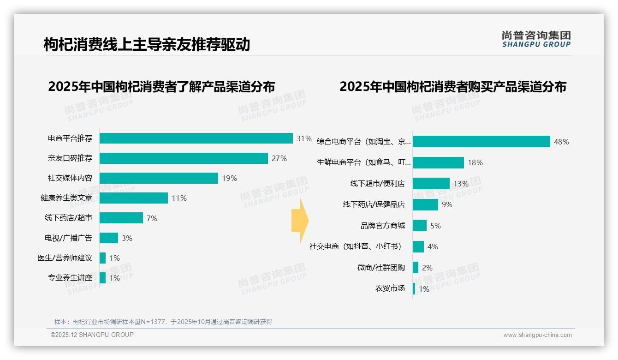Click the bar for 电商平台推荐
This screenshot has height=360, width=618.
point(196,138)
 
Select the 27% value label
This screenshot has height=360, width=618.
point(279,158)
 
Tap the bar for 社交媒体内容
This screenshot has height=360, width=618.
point(159,178)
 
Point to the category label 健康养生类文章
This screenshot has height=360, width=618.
point(66,198)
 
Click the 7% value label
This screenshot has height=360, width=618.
point(152,218)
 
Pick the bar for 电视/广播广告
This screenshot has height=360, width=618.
point(109,238)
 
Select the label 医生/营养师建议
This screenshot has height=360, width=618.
point(65,258)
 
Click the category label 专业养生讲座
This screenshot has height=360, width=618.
point(70,278)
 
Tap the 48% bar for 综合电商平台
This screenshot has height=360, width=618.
point(481,141)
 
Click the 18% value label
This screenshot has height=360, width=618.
point(475,162)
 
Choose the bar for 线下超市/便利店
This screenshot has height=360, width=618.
point(431,183)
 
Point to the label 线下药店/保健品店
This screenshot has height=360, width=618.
point(374,204)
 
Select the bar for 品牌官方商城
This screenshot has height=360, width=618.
point(420,226)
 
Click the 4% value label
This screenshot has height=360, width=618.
point(433,246)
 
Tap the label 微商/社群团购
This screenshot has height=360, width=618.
point(381,268)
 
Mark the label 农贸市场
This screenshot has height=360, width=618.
point(390,288)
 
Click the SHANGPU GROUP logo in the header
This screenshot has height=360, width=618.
point(536,39)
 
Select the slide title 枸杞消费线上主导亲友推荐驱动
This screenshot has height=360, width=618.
point(147,44)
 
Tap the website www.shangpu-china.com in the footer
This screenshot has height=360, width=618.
point(537,335)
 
